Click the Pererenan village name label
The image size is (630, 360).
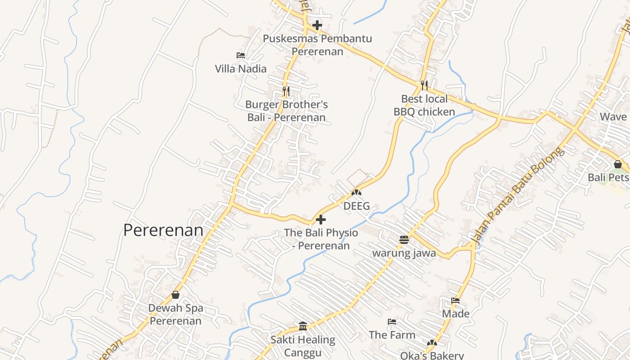click(163, 230)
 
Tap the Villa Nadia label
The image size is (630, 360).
click(240, 69)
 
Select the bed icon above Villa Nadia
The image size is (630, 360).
click(241, 55)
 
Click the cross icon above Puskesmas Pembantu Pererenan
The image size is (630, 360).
click(317, 25)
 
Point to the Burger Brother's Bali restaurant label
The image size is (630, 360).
click(286, 111)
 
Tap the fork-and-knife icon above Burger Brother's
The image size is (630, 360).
click(286, 91)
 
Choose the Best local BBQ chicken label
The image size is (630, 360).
click(424, 105)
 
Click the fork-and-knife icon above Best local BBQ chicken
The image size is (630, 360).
click(424, 85)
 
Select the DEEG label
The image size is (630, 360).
click(356, 206)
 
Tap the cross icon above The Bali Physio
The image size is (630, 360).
click(321, 220)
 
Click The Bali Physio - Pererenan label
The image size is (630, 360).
click(321, 239)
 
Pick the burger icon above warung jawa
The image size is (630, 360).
click(404, 239)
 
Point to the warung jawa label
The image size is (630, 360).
click(404, 253)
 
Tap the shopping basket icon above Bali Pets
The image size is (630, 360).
click(618, 164)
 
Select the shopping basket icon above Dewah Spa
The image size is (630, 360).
click(175, 295)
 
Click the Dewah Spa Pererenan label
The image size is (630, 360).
click(175, 315)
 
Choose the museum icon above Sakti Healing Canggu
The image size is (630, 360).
click(303, 326)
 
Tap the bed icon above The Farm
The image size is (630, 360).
click(392, 322)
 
